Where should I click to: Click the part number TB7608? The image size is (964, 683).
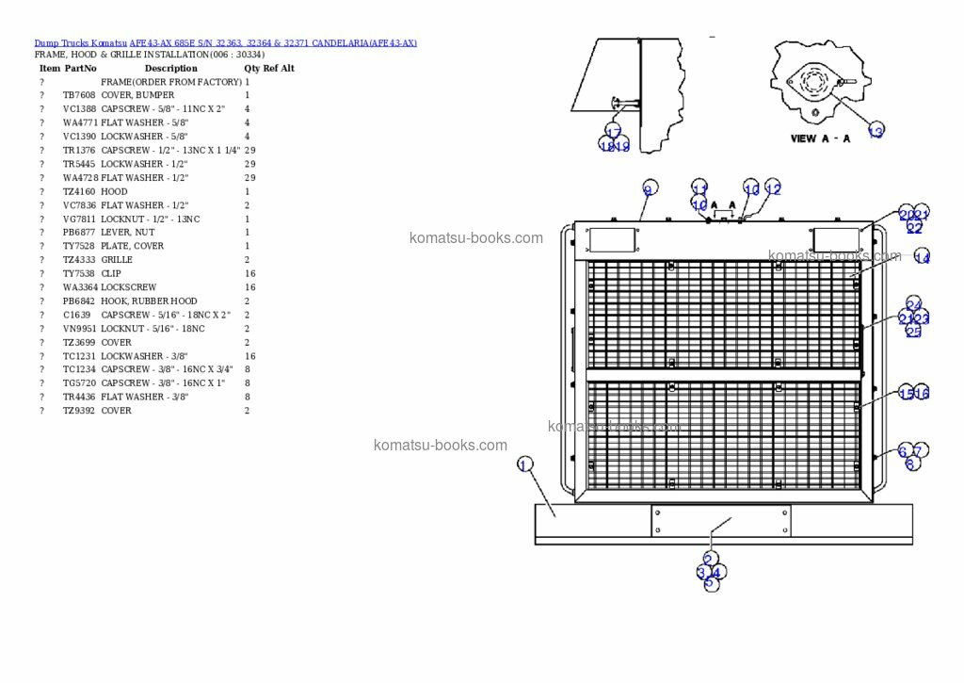79,95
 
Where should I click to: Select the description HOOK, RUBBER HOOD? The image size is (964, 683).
149,301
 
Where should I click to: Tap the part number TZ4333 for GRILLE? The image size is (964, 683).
79,260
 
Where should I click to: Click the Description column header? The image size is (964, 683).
170,69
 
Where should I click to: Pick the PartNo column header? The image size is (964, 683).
80,69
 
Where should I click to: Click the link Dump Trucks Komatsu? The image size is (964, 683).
80,43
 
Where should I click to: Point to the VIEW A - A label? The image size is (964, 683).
820,138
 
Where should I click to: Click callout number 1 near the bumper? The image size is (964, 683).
524,463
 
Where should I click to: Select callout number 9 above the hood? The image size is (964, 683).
648,189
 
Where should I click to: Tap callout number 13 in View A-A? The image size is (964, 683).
876,132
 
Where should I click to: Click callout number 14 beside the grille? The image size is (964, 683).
922,257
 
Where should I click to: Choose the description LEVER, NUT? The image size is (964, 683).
128,233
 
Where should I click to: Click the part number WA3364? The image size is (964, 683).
79,287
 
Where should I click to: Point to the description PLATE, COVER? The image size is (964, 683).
132,246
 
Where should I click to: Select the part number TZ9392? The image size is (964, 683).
79,411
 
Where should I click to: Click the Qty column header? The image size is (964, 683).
251,69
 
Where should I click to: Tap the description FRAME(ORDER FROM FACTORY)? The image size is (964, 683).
170,82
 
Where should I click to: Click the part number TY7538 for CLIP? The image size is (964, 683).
79,274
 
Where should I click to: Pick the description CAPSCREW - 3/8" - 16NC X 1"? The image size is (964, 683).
163,383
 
